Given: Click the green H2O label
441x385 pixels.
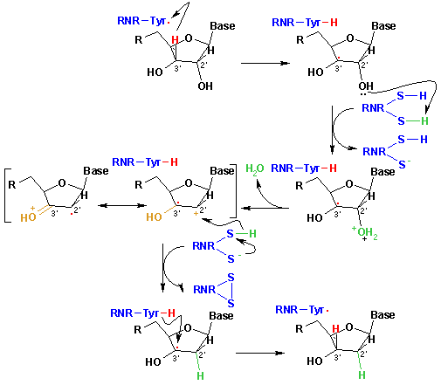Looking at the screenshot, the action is point(255,168).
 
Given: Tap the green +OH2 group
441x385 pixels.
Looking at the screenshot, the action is point(364,233).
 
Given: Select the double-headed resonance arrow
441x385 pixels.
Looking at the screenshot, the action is point(122,205).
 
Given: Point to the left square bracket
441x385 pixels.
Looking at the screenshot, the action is point(6,196).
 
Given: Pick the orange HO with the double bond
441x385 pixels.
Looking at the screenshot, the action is point(29,216).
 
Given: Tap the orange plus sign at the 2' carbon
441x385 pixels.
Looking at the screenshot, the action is point(196,213).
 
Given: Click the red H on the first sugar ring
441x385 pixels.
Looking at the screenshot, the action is point(175,39).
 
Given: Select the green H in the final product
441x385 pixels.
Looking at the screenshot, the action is point(362,375).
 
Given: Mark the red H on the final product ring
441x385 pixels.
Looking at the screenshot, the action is point(335,329).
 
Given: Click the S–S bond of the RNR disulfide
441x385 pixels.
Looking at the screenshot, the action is point(231,291).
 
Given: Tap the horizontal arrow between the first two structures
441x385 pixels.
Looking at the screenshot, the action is point(265,63).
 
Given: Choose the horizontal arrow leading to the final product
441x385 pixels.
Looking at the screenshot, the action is point(260,353).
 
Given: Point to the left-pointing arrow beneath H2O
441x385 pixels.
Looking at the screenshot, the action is point(265,208).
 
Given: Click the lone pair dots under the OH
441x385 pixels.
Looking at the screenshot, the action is point(363,94).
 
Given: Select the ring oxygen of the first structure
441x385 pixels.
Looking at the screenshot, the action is point(189,38).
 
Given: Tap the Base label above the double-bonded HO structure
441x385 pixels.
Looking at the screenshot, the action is point(96,171).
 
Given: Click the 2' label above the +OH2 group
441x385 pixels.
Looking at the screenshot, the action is point(364,210).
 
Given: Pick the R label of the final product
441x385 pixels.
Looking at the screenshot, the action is point(300,329).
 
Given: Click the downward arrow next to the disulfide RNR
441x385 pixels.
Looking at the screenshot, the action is point(162,268).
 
